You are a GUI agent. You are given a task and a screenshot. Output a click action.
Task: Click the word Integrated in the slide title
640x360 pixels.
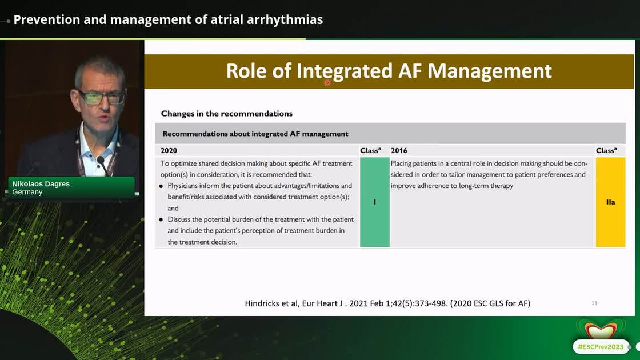point(344,71)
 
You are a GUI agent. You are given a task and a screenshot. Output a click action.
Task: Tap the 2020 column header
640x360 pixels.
point(169,151)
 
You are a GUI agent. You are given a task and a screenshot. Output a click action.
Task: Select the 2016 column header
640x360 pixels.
point(399,151)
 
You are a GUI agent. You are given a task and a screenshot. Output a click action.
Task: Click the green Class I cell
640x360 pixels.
point(375,202)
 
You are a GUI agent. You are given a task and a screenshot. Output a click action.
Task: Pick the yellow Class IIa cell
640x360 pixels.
point(611,202)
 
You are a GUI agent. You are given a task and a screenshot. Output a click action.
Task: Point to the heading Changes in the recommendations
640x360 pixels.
point(226,114)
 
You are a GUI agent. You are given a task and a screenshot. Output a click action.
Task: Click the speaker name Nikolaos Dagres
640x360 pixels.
point(41,183)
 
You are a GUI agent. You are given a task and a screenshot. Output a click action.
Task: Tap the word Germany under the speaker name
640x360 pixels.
point(27,192)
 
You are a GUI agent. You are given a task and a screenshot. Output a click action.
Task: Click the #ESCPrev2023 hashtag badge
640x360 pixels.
point(601,347)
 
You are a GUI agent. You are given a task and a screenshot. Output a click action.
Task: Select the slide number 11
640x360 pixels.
point(594,303)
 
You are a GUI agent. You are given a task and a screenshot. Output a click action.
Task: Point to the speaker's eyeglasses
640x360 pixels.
point(102,97)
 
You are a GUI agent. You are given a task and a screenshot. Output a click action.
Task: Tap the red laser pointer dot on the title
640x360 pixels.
point(327,83)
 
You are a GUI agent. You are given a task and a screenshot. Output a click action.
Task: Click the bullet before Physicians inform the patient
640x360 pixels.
point(161,186)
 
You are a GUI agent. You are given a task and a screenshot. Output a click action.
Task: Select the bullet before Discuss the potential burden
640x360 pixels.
point(161,219)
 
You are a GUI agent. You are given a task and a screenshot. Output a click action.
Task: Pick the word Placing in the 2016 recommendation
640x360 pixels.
point(401,163)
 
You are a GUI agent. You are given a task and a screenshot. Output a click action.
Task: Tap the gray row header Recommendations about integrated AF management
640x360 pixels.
point(255,134)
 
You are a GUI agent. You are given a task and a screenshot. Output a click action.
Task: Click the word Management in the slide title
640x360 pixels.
point(489,71)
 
